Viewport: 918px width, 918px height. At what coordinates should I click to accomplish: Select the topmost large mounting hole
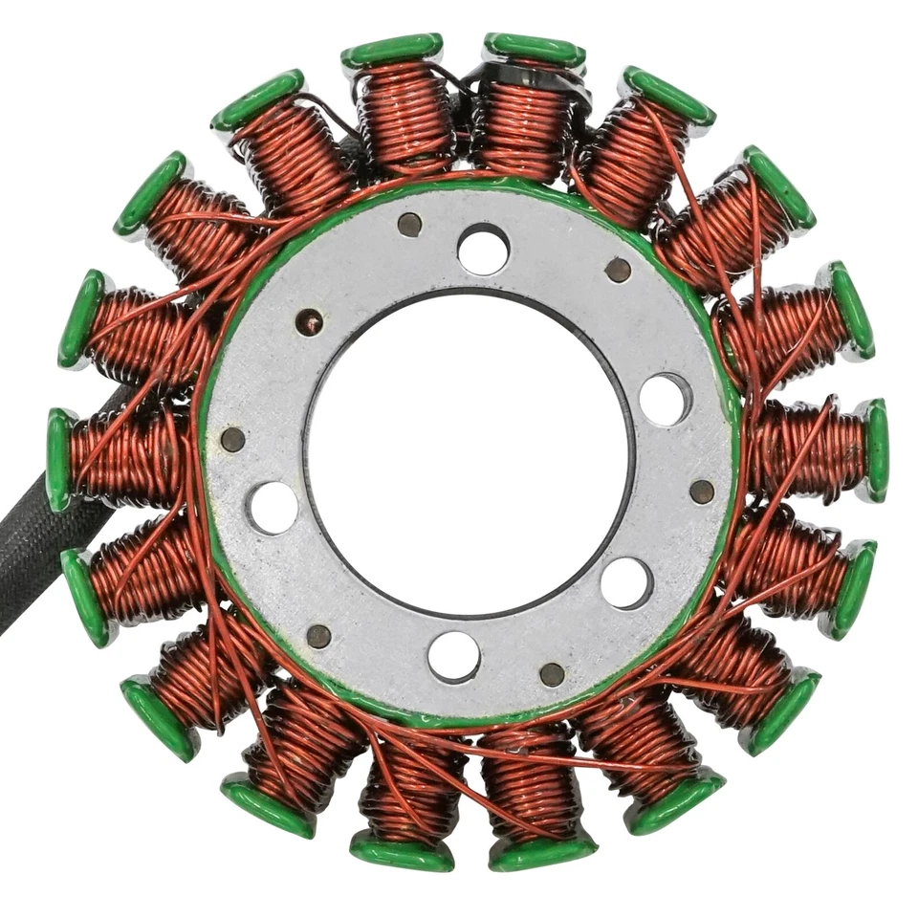point(483,249)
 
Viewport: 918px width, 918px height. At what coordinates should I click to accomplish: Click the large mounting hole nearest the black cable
point(273,507)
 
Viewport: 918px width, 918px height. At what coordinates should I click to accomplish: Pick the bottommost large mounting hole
point(453,656)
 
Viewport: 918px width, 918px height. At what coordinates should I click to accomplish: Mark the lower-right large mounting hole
point(626,581)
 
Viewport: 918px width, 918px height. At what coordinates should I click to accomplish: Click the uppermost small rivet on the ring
point(409,225)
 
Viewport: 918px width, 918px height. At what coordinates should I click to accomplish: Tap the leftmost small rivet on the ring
point(232,439)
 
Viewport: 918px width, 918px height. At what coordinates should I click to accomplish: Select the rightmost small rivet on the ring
point(702,492)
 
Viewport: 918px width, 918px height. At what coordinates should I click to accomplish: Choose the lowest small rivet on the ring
point(552,674)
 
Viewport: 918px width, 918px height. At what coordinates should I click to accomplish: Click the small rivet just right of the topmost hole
point(618,271)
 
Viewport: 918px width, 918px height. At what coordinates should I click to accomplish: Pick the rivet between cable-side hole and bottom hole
point(318,636)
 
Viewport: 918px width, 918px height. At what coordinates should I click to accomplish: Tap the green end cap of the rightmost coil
point(875,449)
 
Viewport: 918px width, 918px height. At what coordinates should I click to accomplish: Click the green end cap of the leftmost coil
point(57,459)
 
